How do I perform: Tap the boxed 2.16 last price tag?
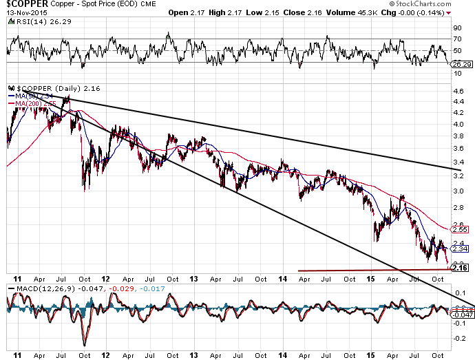coord(460,268)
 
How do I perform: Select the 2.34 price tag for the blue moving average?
coord(460,249)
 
